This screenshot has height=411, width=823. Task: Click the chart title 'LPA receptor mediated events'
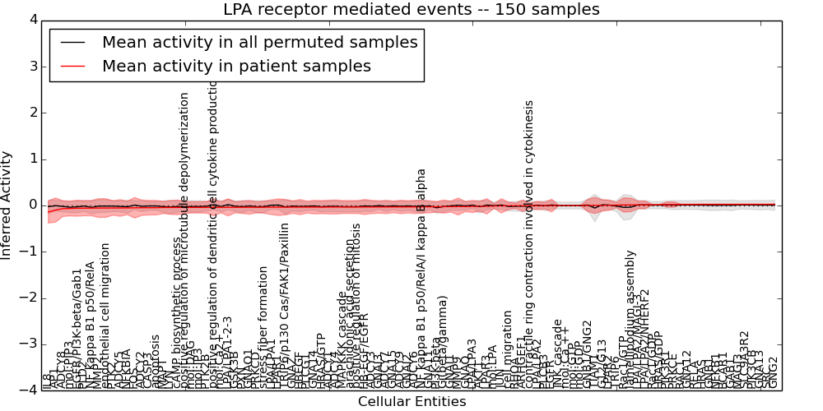(x=411, y=10)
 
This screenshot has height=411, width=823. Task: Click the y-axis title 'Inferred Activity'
(x=7, y=205)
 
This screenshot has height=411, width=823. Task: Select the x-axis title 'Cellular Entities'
(x=411, y=402)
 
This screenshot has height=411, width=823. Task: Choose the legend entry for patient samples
(x=236, y=66)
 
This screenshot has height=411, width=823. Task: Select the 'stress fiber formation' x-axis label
(x=263, y=327)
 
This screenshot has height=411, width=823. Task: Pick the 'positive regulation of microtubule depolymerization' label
(x=184, y=238)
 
